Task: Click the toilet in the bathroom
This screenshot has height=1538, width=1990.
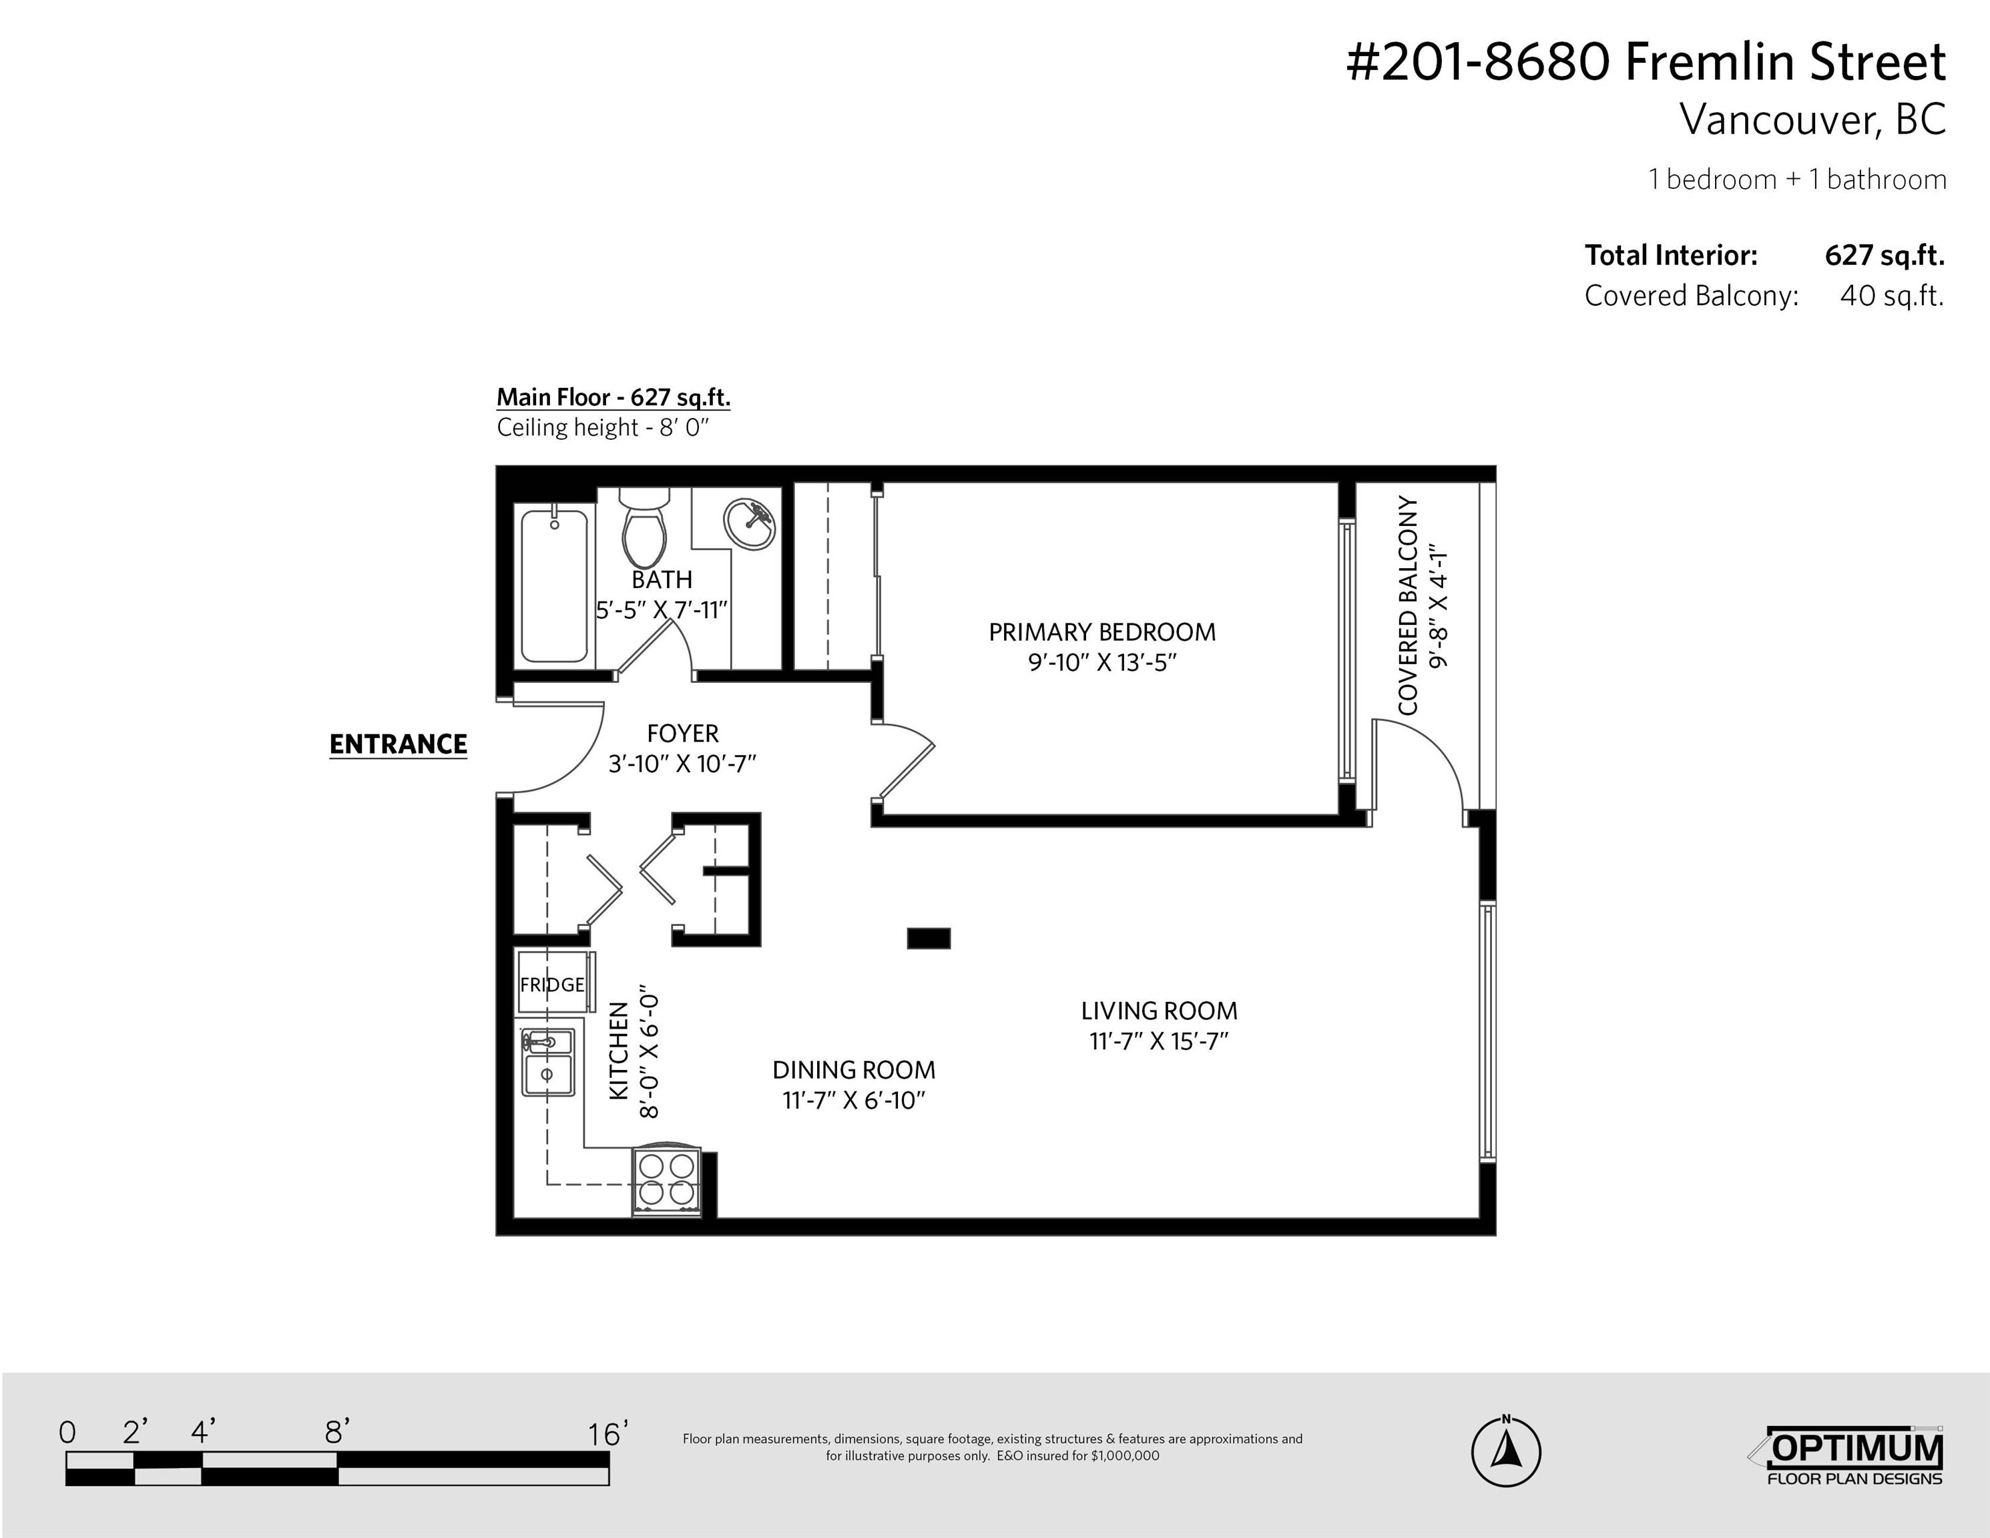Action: [x=644, y=529]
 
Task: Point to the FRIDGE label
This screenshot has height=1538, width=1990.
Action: [x=552, y=984]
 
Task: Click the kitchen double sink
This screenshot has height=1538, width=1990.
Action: [x=547, y=1063]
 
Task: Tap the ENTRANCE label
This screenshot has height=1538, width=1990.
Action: [x=398, y=744]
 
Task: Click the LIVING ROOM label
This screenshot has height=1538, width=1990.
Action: [x=1159, y=1011]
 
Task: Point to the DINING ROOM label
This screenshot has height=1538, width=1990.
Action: [x=854, y=1069]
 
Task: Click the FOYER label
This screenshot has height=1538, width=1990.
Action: [x=682, y=734]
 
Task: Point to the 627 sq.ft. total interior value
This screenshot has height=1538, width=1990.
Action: [x=1885, y=256]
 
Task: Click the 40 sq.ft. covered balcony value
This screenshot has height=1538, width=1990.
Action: [x=1892, y=296]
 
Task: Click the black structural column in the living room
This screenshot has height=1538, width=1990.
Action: [x=929, y=938]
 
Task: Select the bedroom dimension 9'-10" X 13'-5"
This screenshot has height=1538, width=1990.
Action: [x=1103, y=662]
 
